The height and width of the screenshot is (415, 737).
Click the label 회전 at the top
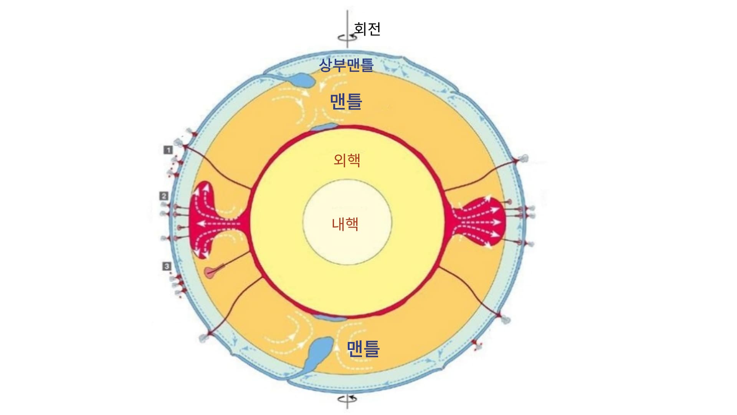pos(367,29)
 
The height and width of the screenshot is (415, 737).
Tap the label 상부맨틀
pos(346,65)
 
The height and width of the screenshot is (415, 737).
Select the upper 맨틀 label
pos(346,102)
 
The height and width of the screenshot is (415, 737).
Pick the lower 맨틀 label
pos(363,349)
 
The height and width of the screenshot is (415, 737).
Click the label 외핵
pos(347,159)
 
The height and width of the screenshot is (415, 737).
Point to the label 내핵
pos(345,224)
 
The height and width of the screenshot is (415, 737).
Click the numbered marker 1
pos(168,150)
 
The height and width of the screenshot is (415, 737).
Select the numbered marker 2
pos(164,196)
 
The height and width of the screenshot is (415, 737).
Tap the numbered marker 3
pos(167,266)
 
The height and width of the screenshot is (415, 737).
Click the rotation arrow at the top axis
pos(347,38)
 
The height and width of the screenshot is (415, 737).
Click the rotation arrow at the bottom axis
pos(347,399)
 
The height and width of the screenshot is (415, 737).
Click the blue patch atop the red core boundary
pos(324,127)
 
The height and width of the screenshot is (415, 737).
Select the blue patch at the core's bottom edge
pos(329,317)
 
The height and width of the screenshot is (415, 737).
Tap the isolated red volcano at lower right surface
pos(476,343)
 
